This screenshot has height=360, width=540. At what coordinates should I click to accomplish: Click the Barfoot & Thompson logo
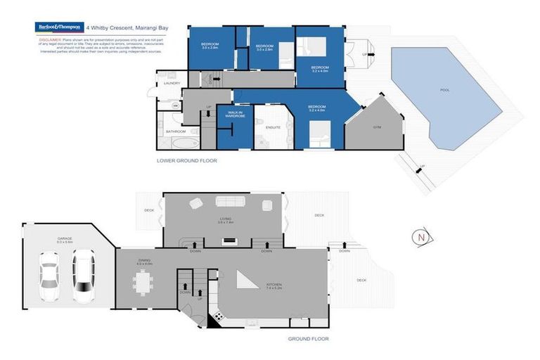[59, 27]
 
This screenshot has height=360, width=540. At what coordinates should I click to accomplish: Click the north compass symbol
[421, 237]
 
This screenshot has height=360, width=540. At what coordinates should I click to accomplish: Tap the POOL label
[444, 90]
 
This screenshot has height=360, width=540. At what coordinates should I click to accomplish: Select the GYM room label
[377, 127]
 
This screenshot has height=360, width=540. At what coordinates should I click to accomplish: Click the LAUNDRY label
[172, 83]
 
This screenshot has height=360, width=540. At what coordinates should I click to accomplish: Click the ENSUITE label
[274, 127]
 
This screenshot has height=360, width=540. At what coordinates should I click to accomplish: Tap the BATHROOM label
[175, 131]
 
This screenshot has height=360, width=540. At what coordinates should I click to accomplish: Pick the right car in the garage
[84, 277]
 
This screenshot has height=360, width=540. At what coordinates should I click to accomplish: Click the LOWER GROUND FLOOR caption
[187, 161]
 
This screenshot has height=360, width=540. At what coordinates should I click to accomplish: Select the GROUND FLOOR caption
[308, 339]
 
